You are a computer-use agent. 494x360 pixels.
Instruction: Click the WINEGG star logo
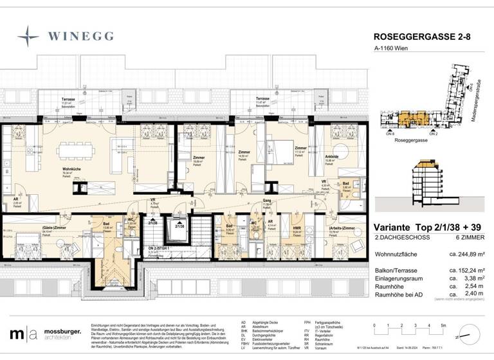point(28,36)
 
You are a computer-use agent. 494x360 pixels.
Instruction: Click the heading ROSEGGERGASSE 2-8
point(416,37)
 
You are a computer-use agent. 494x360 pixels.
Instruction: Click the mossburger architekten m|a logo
point(22,335)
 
